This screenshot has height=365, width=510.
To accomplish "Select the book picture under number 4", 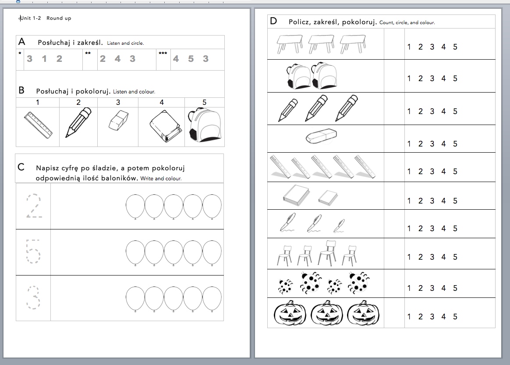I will (x=164, y=126).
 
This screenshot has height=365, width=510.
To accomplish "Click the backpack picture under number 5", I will (x=204, y=126).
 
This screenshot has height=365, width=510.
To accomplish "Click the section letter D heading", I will (x=273, y=21).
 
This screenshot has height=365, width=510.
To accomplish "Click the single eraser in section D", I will (x=321, y=136).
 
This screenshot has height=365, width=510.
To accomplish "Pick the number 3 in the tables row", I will (x=432, y=47).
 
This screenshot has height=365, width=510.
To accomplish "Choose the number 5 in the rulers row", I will (x=455, y=172).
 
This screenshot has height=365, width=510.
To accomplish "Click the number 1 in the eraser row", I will (x=409, y=144).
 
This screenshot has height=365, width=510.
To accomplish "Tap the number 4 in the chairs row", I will (x=443, y=257).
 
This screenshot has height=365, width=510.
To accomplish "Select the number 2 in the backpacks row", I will (x=421, y=79).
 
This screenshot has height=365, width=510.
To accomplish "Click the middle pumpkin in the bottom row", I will (x=326, y=314).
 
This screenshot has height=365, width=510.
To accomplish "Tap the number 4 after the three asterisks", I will (x=176, y=59).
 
